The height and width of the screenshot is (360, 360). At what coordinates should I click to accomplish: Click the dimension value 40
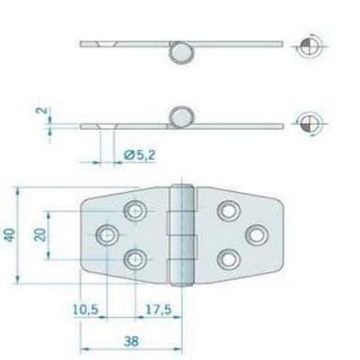click(9, 235)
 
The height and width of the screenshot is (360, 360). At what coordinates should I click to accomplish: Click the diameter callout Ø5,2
click(139, 156)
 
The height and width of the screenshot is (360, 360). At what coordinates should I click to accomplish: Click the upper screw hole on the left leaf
click(135, 211)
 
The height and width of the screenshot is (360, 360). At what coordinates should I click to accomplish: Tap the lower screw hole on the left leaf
click(135, 259)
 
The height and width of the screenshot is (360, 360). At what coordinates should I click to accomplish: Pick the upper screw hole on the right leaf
click(229, 211)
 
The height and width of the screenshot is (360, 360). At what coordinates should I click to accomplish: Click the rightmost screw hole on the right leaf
click(256, 234)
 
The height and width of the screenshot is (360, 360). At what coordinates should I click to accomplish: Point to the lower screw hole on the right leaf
click(229, 259)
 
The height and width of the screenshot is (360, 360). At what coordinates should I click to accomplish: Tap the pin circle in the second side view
click(181, 117)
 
